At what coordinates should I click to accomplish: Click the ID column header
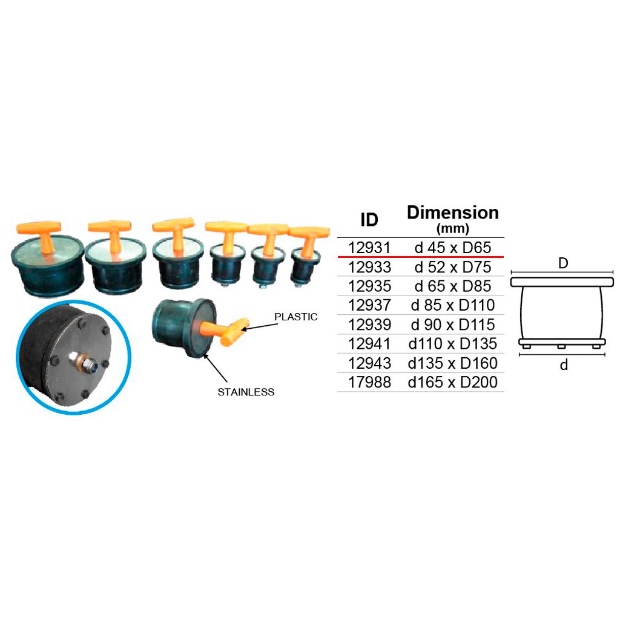click(x=369, y=219)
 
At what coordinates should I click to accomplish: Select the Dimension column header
click(x=453, y=213)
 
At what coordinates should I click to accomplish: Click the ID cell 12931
click(x=369, y=248)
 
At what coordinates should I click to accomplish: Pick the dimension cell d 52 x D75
click(x=453, y=267)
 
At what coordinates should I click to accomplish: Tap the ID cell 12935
click(x=369, y=286)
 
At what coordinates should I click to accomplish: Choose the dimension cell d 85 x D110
click(x=453, y=305)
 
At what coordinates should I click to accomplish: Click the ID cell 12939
click(x=369, y=325)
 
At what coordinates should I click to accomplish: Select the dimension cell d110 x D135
click(x=453, y=344)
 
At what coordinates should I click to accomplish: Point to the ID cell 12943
click(x=369, y=363)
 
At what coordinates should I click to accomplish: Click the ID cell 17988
click(x=369, y=382)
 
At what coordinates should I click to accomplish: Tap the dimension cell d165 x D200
click(x=453, y=382)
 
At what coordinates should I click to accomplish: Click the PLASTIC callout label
click(x=295, y=317)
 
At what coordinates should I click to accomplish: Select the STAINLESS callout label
click(x=246, y=392)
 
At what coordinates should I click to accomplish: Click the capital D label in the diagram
click(x=563, y=263)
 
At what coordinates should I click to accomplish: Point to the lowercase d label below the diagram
click(x=564, y=364)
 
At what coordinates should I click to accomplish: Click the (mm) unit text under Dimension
click(x=453, y=228)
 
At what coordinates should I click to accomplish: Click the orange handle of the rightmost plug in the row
click(x=309, y=240)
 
